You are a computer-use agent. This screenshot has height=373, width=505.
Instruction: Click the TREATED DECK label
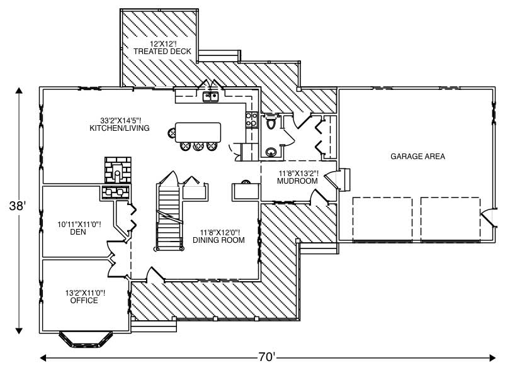[x=162, y=52]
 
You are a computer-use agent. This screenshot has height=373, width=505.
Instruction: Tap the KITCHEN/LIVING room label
[x=120, y=128]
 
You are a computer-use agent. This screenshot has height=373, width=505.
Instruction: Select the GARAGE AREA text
[x=417, y=157]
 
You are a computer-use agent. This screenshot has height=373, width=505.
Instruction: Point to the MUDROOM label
[x=298, y=181]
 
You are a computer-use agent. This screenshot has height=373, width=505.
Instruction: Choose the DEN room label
[x=78, y=231]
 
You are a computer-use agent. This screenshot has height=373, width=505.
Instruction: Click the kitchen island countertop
[x=198, y=133]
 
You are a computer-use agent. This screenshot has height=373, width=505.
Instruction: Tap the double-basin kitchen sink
[x=210, y=97]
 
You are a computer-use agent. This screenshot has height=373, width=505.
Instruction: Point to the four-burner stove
[x=251, y=120]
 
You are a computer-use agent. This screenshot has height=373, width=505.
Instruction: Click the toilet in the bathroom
[x=271, y=122]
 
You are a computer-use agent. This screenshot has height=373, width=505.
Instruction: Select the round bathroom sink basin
[x=271, y=152]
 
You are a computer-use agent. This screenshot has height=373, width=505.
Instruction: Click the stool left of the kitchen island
[x=171, y=133]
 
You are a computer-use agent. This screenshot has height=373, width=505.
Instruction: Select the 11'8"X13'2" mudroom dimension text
[x=298, y=174]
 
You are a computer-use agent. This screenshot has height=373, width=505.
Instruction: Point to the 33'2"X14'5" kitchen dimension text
[x=120, y=120]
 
